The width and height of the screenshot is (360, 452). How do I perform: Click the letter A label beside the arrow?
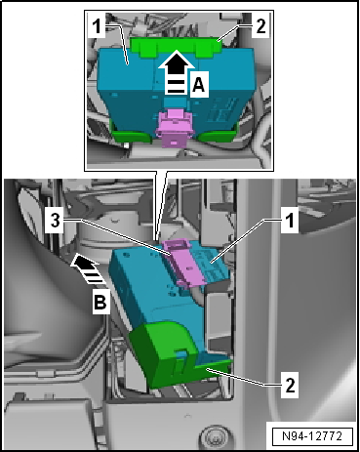[199, 85]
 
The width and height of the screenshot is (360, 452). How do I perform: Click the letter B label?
[100, 303]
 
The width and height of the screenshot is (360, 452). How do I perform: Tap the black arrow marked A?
[176, 71]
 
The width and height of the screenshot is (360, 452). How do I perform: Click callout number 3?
[56, 221]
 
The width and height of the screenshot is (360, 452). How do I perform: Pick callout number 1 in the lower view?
[290, 221]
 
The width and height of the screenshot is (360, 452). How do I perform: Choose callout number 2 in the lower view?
[290, 385]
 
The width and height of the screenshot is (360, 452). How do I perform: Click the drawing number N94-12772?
[312, 435]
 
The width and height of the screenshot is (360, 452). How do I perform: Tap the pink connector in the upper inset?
[175, 128]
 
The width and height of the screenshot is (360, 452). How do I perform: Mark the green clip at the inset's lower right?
[218, 135]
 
